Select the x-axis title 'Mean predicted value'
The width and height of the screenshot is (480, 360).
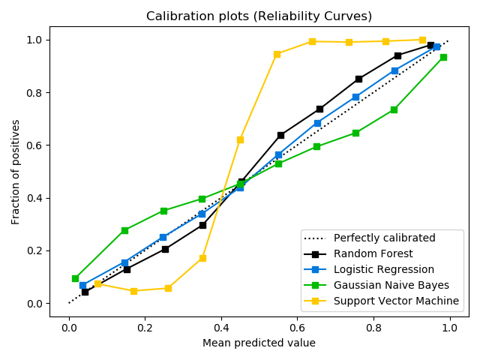[259, 343]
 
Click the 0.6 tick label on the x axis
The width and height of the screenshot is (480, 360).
[297, 327]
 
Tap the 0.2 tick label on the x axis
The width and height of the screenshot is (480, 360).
[145, 327]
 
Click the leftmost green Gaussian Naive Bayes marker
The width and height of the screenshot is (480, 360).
[75, 278]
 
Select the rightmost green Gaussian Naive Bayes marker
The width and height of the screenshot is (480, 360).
[443, 57]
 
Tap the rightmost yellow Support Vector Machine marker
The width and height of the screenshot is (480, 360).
[422, 40]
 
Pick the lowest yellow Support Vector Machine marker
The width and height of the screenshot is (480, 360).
[133, 291]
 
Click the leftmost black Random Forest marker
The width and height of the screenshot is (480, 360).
[85, 292]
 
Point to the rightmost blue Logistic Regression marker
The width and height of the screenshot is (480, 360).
[436, 46]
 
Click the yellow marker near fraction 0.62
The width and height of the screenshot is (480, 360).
[240, 139]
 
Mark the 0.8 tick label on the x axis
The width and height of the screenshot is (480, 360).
[373, 327]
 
